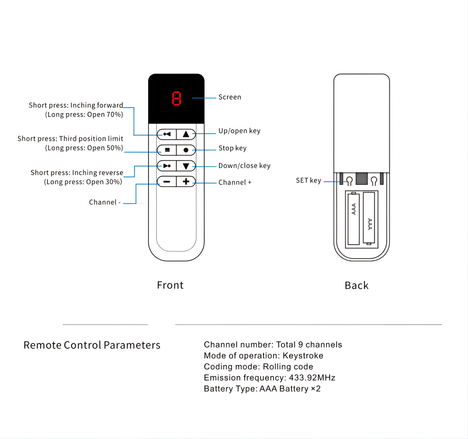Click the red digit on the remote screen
pyautogui.click(x=176, y=99)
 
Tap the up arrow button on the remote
pyautogui.click(x=186, y=134)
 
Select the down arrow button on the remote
pyautogui.click(x=186, y=166)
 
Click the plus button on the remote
pyautogui.click(x=186, y=182)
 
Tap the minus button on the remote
pyautogui.click(x=167, y=182)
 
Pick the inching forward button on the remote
pyautogui.click(x=167, y=134)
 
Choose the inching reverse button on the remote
pyautogui.click(x=167, y=166)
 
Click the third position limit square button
pyautogui.click(x=167, y=150)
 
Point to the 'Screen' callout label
pyautogui.click(x=230, y=97)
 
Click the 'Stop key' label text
pyautogui.click(x=232, y=148)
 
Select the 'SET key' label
pyautogui.click(x=308, y=181)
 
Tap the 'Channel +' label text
pyautogui.click(x=235, y=183)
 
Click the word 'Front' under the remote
pyautogui.click(x=170, y=285)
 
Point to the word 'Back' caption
pyautogui.click(x=357, y=285)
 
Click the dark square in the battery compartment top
pyautogui.click(x=362, y=178)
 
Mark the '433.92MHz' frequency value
pyautogui.click(x=312, y=378)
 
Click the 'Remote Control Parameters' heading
pyautogui.click(x=92, y=345)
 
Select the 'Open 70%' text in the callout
pyautogui.click(x=104, y=114)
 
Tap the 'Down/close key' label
pyautogui.click(x=244, y=166)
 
